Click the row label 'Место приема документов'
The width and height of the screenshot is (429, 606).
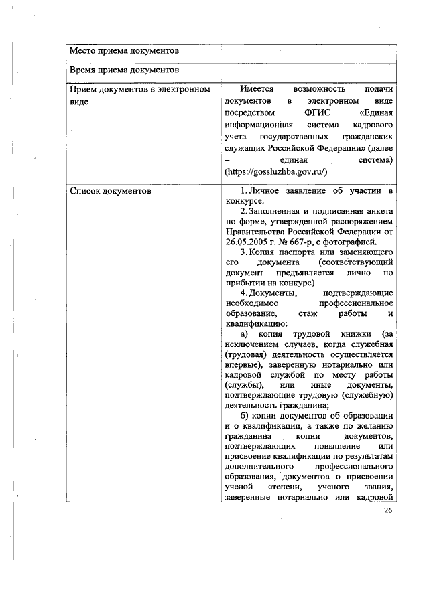pos(124,51)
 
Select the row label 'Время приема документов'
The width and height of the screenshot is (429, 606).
pos(124,70)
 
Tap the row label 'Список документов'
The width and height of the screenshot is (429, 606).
pos(111,192)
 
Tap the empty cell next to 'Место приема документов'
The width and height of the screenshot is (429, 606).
pos(308,51)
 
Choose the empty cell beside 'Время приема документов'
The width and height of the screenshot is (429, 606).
pos(308,70)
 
